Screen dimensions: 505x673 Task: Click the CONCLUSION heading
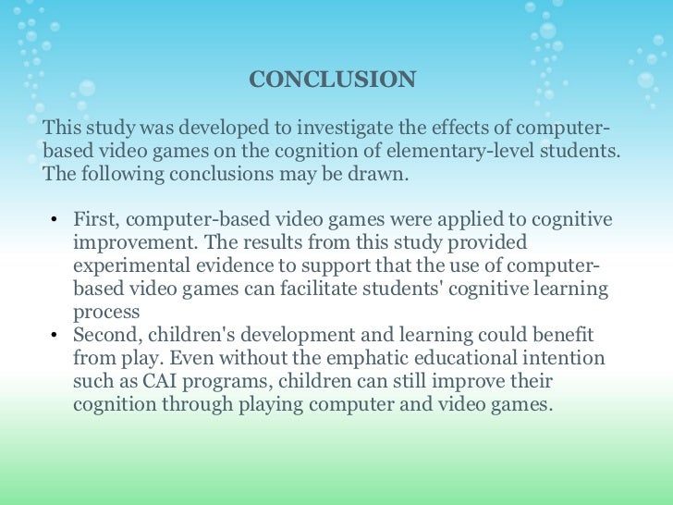(332, 80)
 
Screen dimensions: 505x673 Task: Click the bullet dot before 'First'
(55, 220)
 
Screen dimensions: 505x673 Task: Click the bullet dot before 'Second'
(55, 336)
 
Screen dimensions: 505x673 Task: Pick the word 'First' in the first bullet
(95, 219)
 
